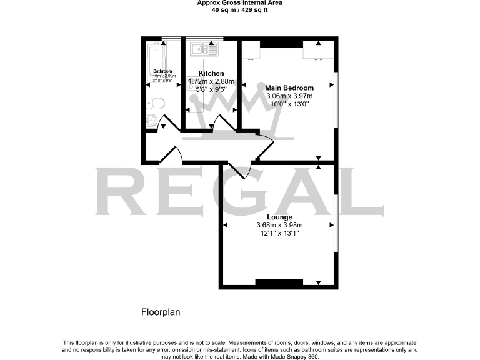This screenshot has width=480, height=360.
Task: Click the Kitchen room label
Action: (x=211, y=73)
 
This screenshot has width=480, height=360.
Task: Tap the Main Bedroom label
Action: (x=289, y=87)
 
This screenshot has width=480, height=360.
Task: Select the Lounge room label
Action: (x=279, y=217)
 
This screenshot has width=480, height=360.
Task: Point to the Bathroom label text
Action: (x=162, y=71)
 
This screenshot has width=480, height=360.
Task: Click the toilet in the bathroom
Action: (x=155, y=103)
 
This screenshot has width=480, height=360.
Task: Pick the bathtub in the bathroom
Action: (x=153, y=59)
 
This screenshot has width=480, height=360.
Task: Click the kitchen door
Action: (x=219, y=122)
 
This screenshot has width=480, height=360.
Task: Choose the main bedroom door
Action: (x=265, y=146)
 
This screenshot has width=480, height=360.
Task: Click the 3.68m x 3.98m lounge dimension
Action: (x=279, y=226)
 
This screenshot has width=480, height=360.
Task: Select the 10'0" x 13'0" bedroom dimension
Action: (x=289, y=104)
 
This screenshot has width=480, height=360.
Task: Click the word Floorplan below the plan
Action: (x=161, y=312)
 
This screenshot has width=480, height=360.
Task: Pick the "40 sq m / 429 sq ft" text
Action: (x=239, y=9)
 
